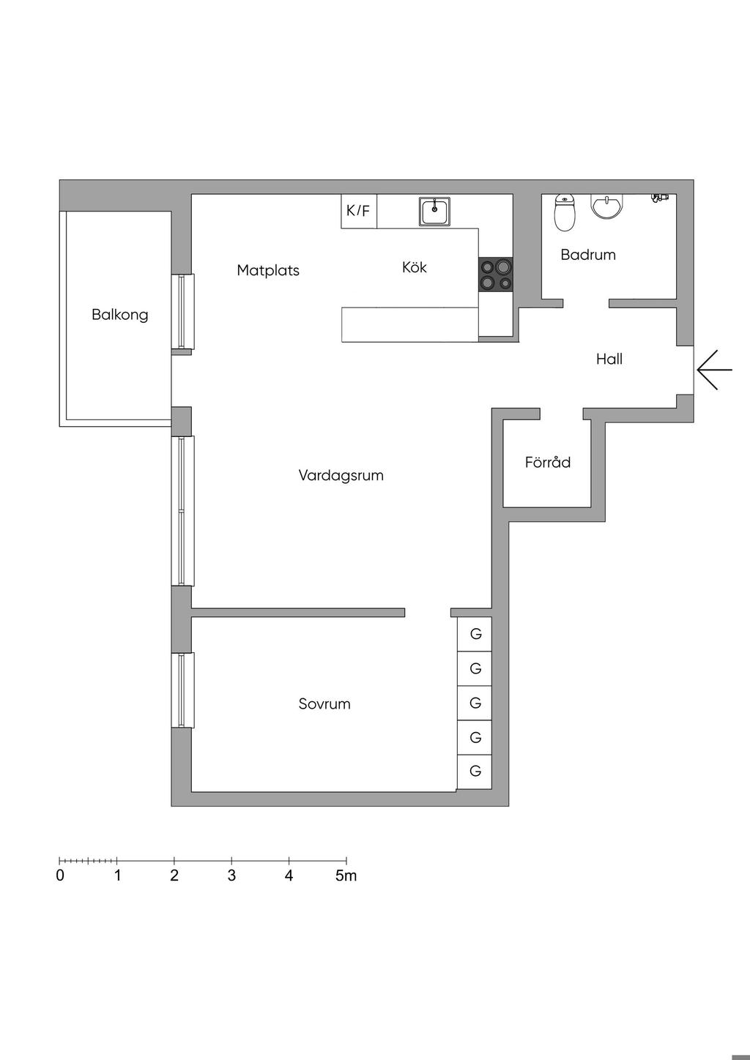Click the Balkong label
pyautogui.click(x=120, y=315)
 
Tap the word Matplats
pyautogui.click(x=268, y=270)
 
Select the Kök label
pyautogui.click(x=414, y=267)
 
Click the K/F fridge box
pyautogui.click(x=359, y=212)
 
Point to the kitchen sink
pyautogui.click(x=435, y=211)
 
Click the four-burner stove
pyautogui.click(x=496, y=275)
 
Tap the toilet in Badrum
pyautogui.click(x=565, y=212)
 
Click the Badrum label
pyautogui.click(x=588, y=255)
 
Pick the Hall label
pyautogui.click(x=609, y=359)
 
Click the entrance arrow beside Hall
pyautogui.click(x=714, y=370)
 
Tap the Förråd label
pyautogui.click(x=548, y=463)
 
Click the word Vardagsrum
pyautogui.click(x=341, y=475)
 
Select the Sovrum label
pyautogui.click(x=324, y=704)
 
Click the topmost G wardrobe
pyautogui.click(x=475, y=634)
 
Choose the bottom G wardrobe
pyautogui.click(x=475, y=771)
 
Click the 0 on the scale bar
pyautogui.click(x=60, y=876)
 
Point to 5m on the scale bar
pyautogui.click(x=346, y=876)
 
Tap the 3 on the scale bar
pyautogui.click(x=231, y=876)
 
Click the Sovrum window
pyautogui.click(x=182, y=690)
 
